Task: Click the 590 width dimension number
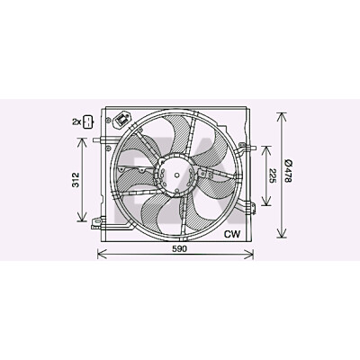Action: click(179, 248)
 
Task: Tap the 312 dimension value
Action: click(76, 180)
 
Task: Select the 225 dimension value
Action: click(273, 175)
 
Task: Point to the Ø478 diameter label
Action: click(289, 172)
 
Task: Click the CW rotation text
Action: click(232, 234)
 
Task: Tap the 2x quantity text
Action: click(76, 121)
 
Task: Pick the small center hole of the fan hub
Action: click(177, 175)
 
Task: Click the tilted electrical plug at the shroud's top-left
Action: click(123, 120)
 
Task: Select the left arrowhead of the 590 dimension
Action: click(102, 254)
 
